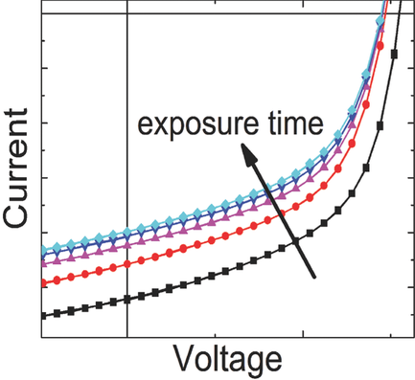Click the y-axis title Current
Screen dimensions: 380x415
pyautogui.click(x=19, y=172)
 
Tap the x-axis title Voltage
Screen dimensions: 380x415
pyautogui.click(x=227, y=359)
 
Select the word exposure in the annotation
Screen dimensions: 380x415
pyautogui.click(x=188, y=125)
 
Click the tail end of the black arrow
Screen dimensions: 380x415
pyautogui.click(x=314, y=278)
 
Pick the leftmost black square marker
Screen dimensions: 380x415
pyautogui.click(x=44, y=314)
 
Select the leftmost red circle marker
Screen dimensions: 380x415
pyautogui.click(x=44, y=283)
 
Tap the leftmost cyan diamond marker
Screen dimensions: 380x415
pyautogui.click(x=44, y=251)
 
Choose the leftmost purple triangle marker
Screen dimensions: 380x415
pyautogui.click(x=44, y=261)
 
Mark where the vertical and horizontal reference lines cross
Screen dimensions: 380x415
pyautogui.click(x=127, y=14)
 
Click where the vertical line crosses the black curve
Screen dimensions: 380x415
pyautogui.click(x=127, y=299)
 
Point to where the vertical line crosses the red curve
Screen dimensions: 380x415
pyautogui.click(x=127, y=264)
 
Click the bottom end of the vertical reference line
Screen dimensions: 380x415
pyautogui.click(x=127, y=336)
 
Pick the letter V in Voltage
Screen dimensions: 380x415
pyautogui.click(x=184, y=359)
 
